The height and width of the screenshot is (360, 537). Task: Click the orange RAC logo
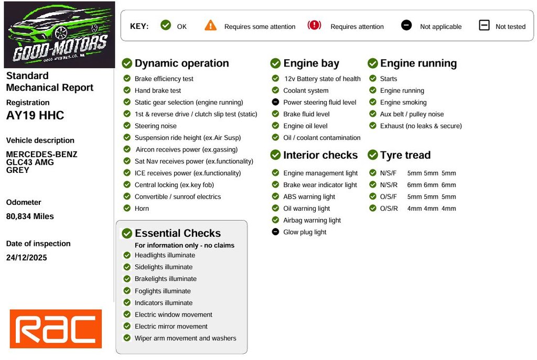point(56,329)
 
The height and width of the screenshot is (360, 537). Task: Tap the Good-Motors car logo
point(59,35)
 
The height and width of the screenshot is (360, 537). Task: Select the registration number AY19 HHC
point(35,115)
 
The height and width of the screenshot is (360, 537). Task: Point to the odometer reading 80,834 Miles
point(30,216)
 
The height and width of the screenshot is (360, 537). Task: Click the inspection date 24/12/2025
point(26,257)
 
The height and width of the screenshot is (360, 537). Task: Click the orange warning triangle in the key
point(211,25)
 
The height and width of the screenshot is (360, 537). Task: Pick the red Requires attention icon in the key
point(314,25)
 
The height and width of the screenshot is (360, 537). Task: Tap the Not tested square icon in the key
point(484,25)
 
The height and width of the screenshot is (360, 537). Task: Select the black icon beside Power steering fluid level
point(275,102)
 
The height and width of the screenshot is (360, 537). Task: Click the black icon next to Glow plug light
point(275,232)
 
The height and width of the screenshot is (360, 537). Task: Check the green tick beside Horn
point(127,208)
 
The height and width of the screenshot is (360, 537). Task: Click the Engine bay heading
point(311,63)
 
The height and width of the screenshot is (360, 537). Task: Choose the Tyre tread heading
point(405,155)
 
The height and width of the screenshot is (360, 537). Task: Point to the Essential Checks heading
point(177,233)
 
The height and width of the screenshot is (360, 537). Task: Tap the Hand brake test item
point(158,91)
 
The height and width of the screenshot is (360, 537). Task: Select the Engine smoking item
point(403,102)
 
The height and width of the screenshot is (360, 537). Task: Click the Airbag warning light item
point(312,220)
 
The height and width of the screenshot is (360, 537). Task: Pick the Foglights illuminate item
point(163,291)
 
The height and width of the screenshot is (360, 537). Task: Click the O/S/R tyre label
point(389,208)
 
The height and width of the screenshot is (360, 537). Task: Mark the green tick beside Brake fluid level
point(275,114)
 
